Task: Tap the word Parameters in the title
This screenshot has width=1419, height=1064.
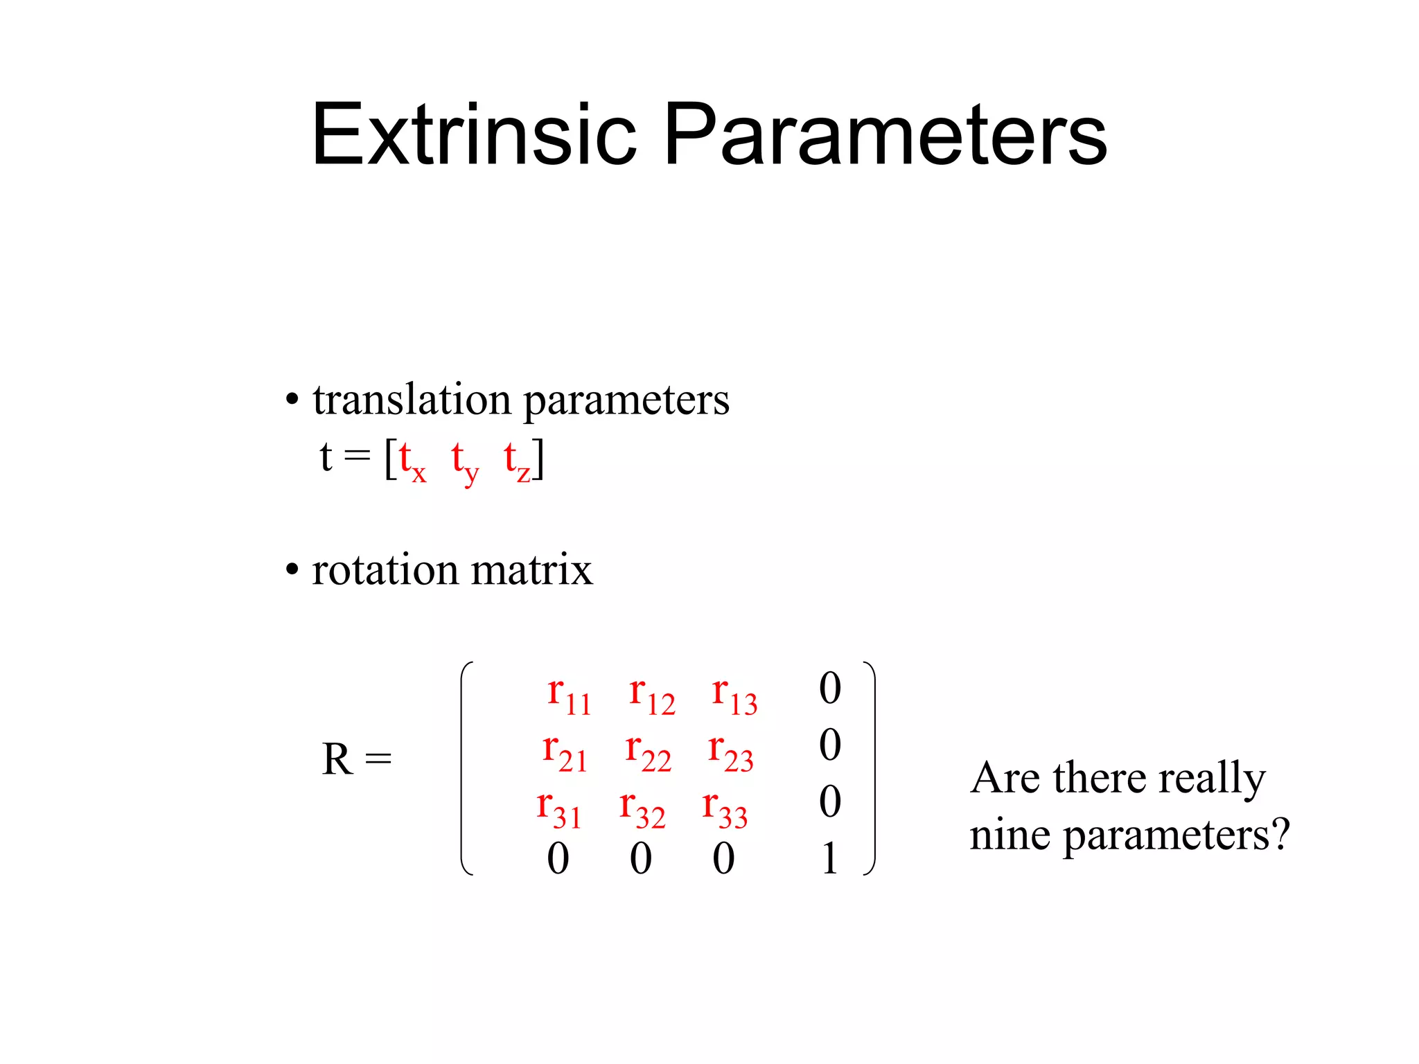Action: click(x=885, y=134)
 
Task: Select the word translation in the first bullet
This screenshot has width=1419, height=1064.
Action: click(x=412, y=400)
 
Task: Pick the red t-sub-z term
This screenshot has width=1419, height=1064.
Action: click(x=517, y=460)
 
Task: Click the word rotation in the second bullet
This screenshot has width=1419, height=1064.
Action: click(x=385, y=570)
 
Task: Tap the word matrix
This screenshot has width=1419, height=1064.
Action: click(x=531, y=570)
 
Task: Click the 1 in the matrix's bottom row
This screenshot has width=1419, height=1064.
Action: click(x=830, y=859)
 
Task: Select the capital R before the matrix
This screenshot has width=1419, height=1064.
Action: click(x=337, y=759)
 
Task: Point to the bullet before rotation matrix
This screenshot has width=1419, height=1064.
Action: click(x=292, y=570)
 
